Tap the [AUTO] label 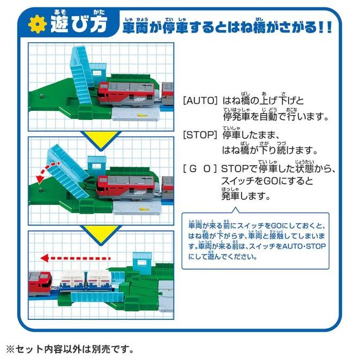(200, 100)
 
